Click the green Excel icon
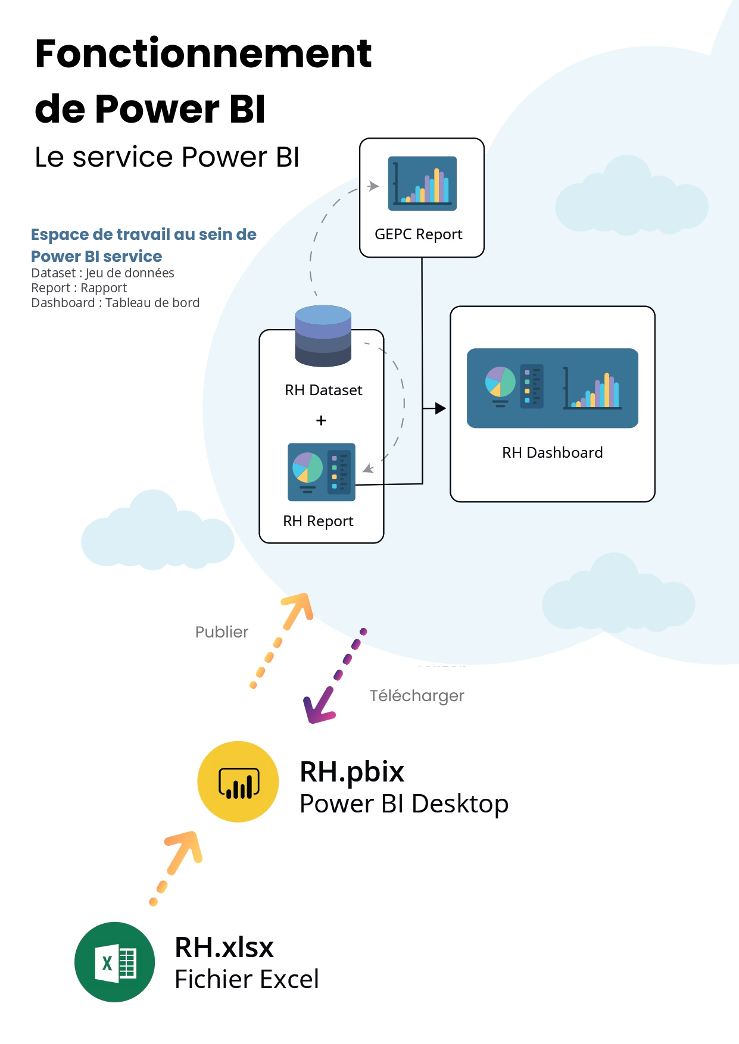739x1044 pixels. click(x=115, y=962)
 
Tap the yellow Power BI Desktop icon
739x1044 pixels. click(x=238, y=782)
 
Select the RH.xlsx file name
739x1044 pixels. click(x=224, y=947)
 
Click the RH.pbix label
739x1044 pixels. click(x=351, y=772)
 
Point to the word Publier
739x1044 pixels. click(x=222, y=632)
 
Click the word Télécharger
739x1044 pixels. click(x=416, y=695)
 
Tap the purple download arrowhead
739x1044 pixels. click(x=317, y=708)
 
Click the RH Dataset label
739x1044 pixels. click(x=323, y=390)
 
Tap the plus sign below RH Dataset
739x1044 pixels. click(x=322, y=421)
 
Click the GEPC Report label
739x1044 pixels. click(x=418, y=235)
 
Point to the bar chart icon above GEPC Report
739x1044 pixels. click(x=422, y=183)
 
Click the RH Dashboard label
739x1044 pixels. click(x=552, y=453)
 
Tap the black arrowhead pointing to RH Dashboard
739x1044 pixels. click(x=440, y=408)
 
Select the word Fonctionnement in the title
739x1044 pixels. click(x=203, y=54)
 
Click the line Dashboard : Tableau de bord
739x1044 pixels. click(x=115, y=303)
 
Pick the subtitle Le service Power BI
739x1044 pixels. click(x=167, y=157)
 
